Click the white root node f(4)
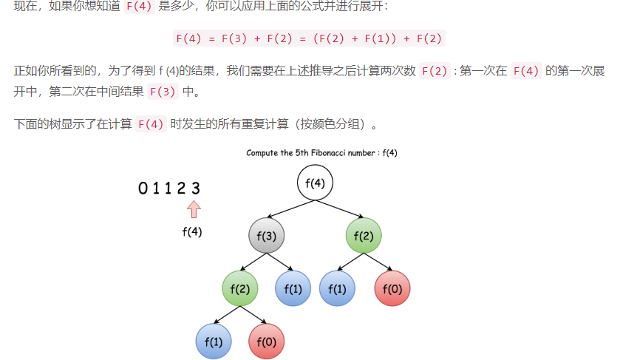point(316,183)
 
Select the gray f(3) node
point(266,236)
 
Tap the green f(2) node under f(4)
point(363,236)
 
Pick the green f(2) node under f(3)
point(239,288)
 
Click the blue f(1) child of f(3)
point(293,288)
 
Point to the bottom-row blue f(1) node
point(213,342)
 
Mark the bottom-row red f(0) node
point(266,342)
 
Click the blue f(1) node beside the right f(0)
point(337,288)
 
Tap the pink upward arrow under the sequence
point(194,209)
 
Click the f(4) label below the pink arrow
point(192,231)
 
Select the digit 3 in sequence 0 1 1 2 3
point(196,189)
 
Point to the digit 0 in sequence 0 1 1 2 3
point(143,189)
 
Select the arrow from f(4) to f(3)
point(289,208)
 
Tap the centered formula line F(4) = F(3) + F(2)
point(309,38)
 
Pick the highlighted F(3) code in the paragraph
point(163,92)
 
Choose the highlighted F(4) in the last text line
point(151,124)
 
